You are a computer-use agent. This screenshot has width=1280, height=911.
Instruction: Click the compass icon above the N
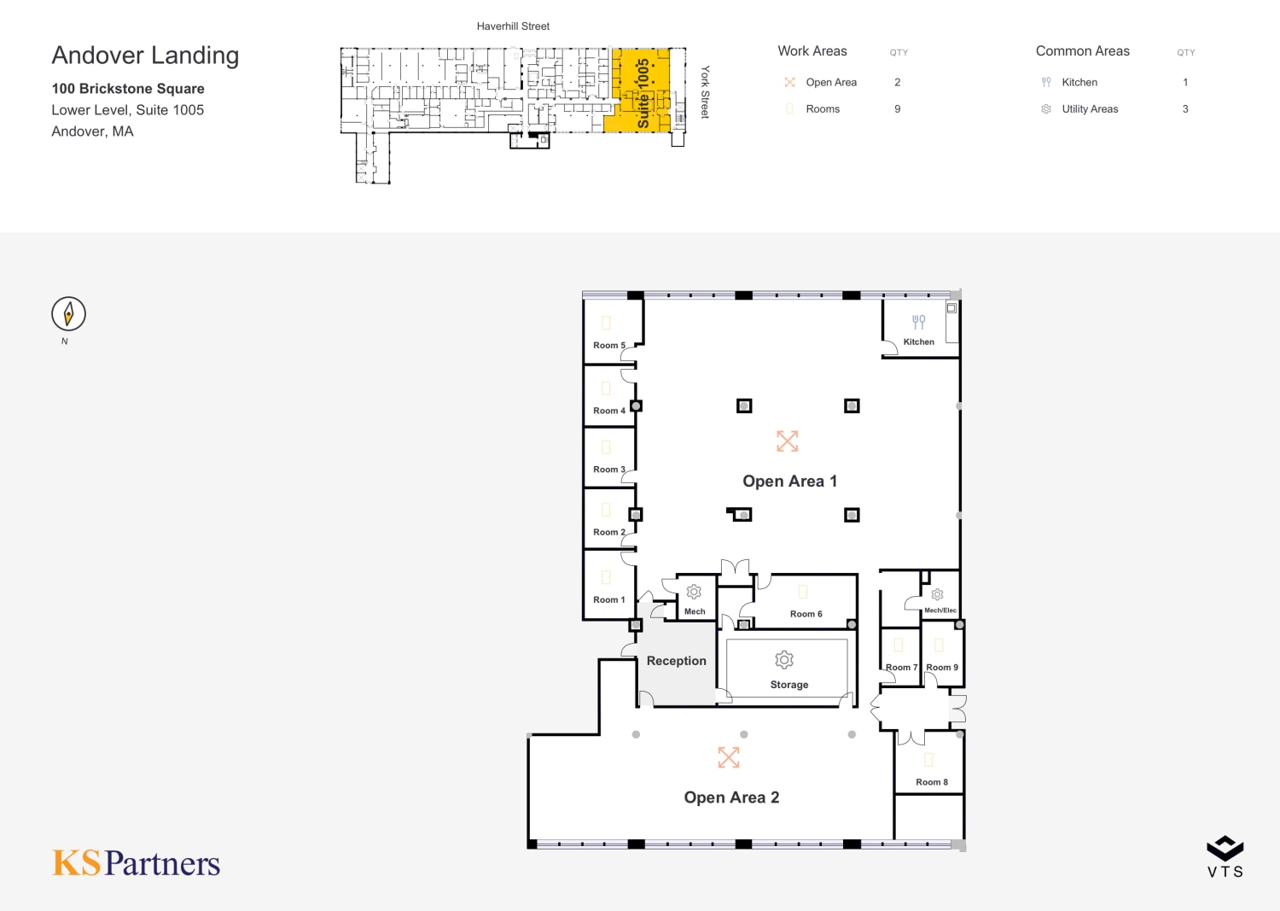(68, 313)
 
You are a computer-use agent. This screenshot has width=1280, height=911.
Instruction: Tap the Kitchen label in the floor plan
(918, 342)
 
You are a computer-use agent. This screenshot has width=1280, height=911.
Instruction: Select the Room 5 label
(609, 346)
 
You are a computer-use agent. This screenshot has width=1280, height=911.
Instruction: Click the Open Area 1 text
(789, 481)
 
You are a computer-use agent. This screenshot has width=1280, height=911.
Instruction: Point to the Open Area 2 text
(731, 797)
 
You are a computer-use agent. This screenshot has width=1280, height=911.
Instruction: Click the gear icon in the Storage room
(784, 660)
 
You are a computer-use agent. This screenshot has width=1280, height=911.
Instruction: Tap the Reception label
(677, 661)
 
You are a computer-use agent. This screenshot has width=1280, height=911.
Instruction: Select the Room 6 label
(806, 614)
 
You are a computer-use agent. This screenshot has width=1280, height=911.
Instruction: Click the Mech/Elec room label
(940, 610)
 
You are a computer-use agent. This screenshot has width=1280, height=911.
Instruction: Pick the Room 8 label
(932, 782)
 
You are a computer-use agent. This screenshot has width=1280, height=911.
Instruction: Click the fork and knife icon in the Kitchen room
(918, 322)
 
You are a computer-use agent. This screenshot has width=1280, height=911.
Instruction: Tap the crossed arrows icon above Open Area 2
(729, 757)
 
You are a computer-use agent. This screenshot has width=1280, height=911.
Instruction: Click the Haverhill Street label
(513, 26)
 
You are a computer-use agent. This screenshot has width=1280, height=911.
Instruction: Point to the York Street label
(705, 92)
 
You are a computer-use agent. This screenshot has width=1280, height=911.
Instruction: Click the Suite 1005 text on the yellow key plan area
(643, 93)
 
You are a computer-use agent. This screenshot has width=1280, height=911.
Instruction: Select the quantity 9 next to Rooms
(897, 108)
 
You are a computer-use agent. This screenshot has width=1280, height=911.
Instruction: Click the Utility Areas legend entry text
(1090, 108)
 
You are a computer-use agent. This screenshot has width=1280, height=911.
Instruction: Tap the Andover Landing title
(145, 55)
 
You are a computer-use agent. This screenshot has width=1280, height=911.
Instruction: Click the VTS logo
(1225, 856)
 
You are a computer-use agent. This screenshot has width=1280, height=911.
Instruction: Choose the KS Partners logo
(136, 863)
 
